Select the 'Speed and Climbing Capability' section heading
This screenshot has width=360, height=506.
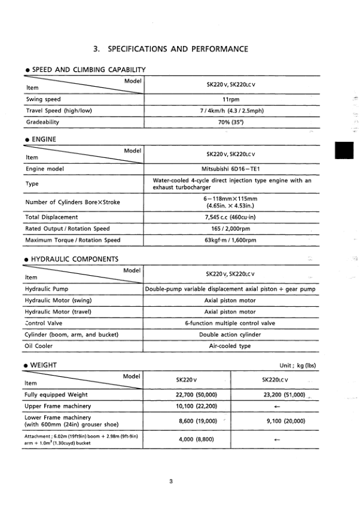[x=84, y=69]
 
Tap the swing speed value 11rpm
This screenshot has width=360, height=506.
[x=230, y=99]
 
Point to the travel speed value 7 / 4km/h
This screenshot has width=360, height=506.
[x=230, y=111]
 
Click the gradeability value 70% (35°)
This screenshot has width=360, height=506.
[x=230, y=122]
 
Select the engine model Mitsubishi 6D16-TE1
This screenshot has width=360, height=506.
[x=230, y=169]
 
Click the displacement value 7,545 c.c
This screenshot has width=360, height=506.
[x=230, y=217]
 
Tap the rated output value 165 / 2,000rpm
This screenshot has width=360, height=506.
[x=230, y=228]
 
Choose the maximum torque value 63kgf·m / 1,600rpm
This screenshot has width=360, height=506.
[x=230, y=240]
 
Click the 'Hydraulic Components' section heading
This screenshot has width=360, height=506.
[x=71, y=259]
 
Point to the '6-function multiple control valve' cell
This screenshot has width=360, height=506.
[x=230, y=323]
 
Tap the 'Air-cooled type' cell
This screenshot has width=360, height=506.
[x=230, y=346]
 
